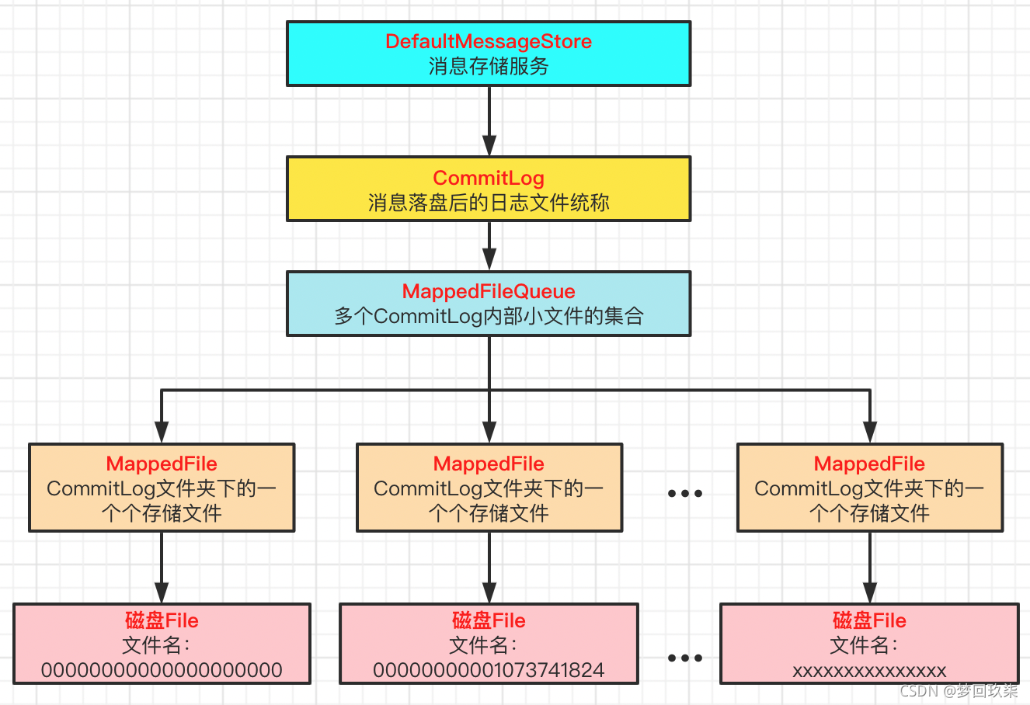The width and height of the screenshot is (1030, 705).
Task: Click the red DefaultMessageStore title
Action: pos(488,42)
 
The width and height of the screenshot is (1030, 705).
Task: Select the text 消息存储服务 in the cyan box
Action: pos(488,67)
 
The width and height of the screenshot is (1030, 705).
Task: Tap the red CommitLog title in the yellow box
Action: pos(488,179)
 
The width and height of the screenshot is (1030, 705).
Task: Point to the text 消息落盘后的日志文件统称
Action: pos(488,203)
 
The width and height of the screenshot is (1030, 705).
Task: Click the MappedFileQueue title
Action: pos(488,292)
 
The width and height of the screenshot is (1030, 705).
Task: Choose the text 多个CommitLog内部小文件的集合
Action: pos(488,317)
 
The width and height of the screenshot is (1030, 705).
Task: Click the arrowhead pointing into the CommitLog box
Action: pos(489,146)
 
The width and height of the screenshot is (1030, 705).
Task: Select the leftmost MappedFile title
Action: pos(162,464)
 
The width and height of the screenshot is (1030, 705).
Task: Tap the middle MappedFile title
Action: pos(489,464)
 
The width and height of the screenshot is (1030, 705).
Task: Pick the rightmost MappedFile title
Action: pos(869,464)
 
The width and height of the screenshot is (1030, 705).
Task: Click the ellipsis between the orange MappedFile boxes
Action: pos(685,493)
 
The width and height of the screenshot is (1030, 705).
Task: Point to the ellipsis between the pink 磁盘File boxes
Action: pos(685,658)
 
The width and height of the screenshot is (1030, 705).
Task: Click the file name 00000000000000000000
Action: pos(162,670)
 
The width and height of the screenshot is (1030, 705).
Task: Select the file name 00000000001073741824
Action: pos(489,670)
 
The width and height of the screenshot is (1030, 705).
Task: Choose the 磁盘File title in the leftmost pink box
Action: pos(162,621)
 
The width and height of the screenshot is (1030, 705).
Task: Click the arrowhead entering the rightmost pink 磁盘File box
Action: pos(870,592)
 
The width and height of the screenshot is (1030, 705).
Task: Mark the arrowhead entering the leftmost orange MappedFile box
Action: pos(162,432)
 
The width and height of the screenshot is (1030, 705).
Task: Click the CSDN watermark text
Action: pos(959,690)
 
